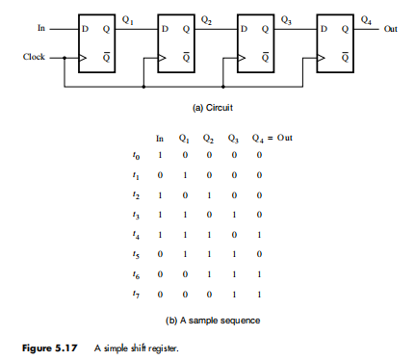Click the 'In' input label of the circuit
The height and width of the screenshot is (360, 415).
(39, 28)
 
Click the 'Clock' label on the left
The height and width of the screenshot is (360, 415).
(34, 57)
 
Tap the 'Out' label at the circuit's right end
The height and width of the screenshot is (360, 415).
(390, 29)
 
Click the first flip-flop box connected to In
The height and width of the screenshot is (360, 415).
(96, 43)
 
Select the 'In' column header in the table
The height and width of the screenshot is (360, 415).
(160, 138)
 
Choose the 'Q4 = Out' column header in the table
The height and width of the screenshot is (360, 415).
(274, 138)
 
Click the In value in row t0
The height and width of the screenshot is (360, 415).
(160, 155)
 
